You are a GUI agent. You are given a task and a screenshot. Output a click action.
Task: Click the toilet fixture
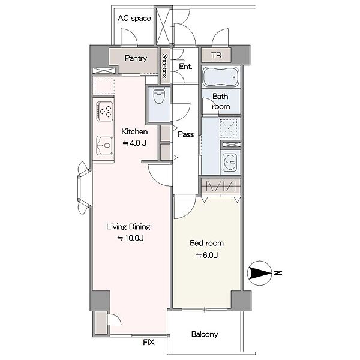[x=158, y=96]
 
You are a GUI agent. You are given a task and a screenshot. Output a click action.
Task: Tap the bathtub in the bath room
[x=221, y=77]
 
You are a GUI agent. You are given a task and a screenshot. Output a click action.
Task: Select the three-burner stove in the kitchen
[x=105, y=112]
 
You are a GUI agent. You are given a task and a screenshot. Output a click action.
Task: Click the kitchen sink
[x=104, y=145]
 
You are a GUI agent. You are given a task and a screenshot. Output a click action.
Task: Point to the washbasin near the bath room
[x=230, y=163]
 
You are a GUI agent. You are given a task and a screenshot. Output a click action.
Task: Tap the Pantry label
[x=136, y=58]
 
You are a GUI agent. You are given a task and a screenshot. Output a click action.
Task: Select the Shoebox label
[x=165, y=66]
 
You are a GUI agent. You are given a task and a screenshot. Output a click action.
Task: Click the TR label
[x=217, y=56]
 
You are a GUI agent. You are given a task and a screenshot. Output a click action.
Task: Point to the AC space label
[x=134, y=19]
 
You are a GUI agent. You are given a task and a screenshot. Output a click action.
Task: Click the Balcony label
[x=205, y=334]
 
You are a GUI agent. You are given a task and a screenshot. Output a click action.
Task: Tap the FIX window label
[x=149, y=343]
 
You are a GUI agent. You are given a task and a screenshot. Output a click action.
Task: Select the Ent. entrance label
[x=185, y=67]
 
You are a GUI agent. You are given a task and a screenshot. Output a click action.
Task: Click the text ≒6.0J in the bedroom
[x=206, y=255]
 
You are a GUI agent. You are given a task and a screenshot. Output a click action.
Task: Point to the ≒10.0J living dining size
[x=130, y=238]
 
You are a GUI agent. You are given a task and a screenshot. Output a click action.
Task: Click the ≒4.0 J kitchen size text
[x=134, y=143]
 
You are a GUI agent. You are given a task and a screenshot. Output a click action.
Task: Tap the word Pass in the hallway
[x=186, y=134]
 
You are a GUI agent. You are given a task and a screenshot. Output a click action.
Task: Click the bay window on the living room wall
[x=85, y=188]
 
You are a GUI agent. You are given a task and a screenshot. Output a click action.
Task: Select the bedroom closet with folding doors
[x=221, y=186]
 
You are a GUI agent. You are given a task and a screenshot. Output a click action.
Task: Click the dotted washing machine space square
[x=228, y=128]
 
